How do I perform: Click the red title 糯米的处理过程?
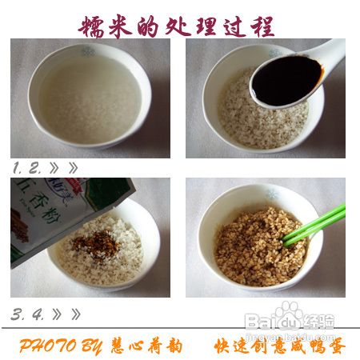tap(177, 26)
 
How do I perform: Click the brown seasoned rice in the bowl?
tap(256, 244)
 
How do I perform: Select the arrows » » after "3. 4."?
tap(68, 313)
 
